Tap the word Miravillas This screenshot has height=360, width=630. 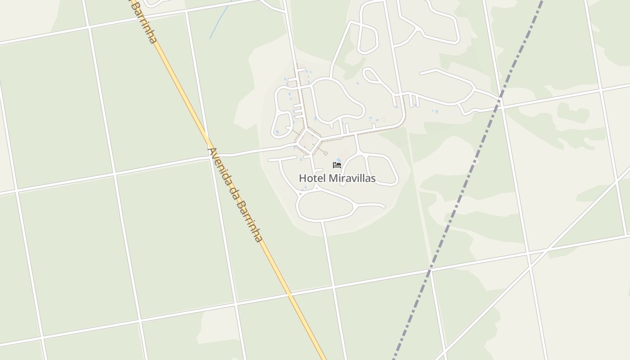point(352,178)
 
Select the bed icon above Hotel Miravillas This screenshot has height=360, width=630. point(337,165)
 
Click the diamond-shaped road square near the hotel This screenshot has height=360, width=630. point(309,141)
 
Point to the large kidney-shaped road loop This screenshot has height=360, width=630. point(337,99)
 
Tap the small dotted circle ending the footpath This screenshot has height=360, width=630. point(325,153)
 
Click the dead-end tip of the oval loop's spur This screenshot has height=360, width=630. point(384,207)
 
